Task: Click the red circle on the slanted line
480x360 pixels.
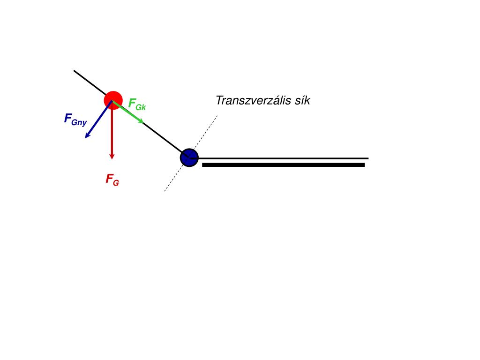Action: [x=113, y=100]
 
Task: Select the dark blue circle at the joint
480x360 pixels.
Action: [x=189, y=157]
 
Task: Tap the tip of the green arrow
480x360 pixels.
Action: [x=143, y=123]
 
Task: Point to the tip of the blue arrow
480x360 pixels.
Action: [x=85, y=138]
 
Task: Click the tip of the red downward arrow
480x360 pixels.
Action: [x=112, y=158]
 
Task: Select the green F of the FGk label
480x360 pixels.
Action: [x=132, y=103]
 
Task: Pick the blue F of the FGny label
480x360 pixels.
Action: [x=68, y=118]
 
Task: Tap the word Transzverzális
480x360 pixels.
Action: [x=251, y=100]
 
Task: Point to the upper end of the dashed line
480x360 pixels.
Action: [x=217, y=116]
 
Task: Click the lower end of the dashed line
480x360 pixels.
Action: [x=165, y=191]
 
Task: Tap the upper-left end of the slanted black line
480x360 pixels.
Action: [x=74, y=71]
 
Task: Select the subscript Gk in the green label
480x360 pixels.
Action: [x=141, y=107]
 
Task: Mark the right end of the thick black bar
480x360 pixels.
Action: [x=364, y=165]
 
